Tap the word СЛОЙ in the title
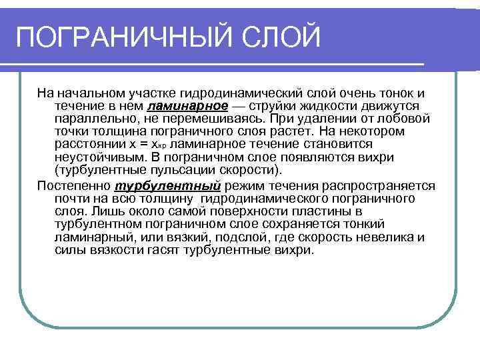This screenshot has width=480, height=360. click(x=283, y=37)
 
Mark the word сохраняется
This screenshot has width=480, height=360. click(x=321, y=224)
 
